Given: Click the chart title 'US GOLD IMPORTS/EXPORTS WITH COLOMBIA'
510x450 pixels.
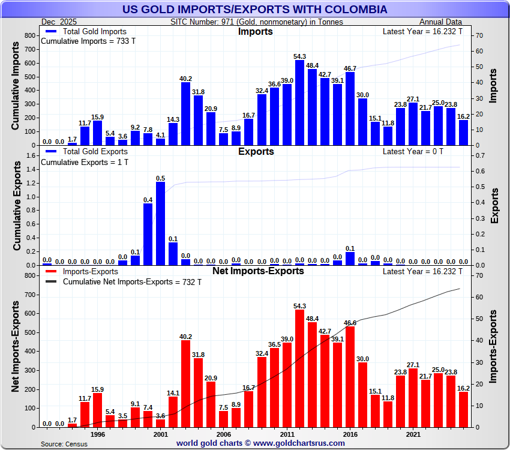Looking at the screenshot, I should click(x=254, y=10).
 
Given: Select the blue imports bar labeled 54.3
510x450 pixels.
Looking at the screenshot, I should click(x=300, y=103).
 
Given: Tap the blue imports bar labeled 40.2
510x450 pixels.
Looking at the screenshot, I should click(x=186, y=113).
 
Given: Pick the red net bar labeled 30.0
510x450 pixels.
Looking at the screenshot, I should click(x=362, y=394).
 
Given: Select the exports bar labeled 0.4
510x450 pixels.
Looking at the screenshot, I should click(x=148, y=234).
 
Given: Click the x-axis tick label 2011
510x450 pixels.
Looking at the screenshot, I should click(x=287, y=434).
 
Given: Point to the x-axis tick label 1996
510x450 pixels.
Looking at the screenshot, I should click(x=98, y=434).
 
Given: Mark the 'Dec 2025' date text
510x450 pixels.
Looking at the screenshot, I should click(x=59, y=22).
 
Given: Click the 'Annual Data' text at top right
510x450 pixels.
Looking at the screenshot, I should click(x=445, y=22).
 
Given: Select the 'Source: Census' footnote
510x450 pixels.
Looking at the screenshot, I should click(x=64, y=444).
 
